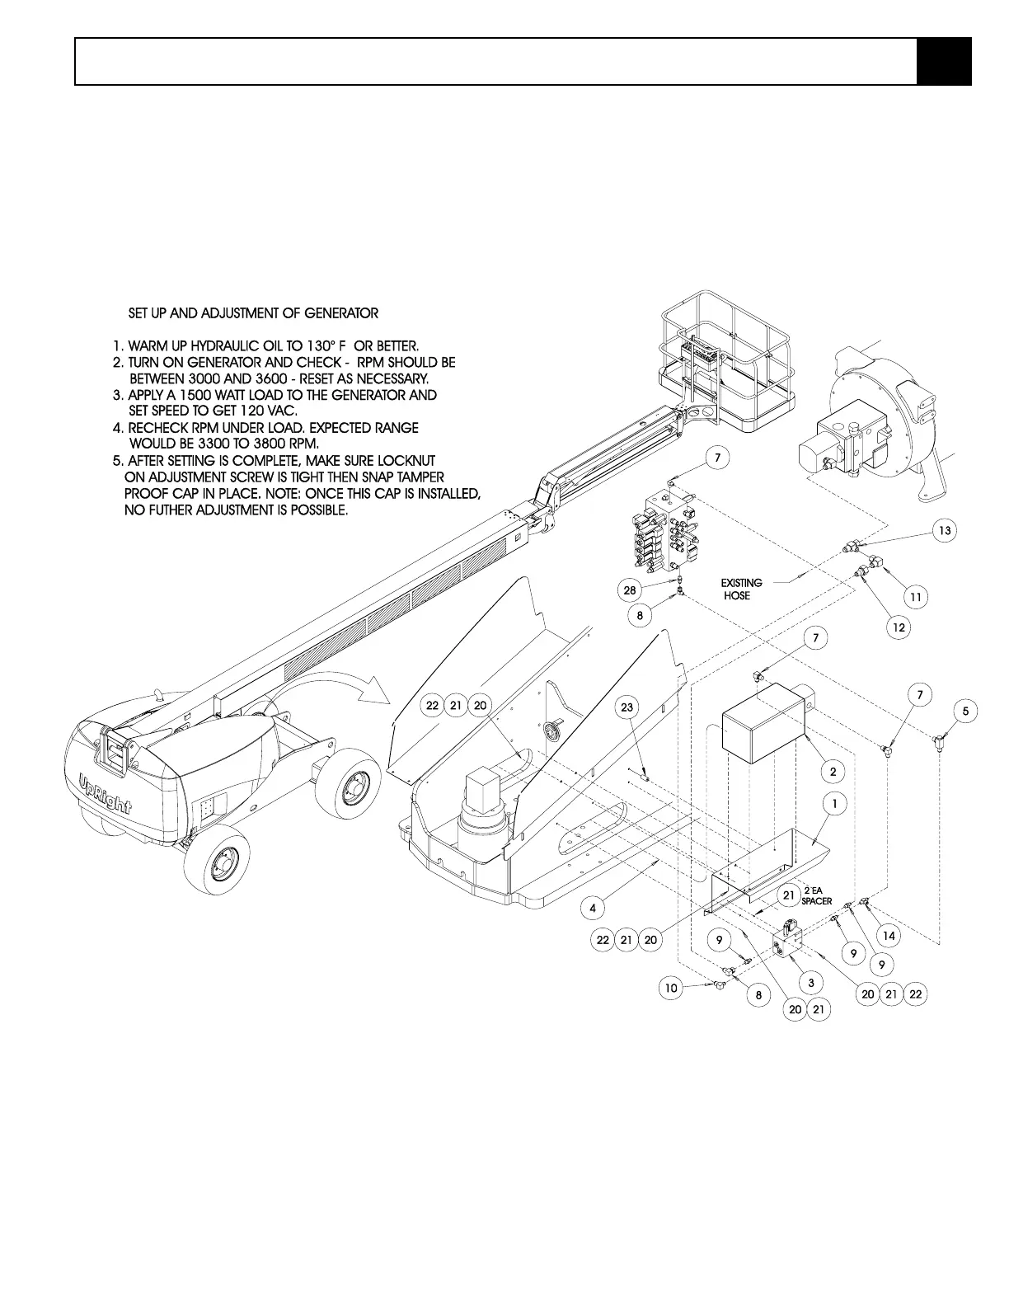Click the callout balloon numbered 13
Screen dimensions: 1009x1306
[946, 530]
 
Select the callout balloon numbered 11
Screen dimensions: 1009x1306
[915, 595]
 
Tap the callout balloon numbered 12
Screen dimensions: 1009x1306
[899, 627]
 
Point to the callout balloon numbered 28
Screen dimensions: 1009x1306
[630, 590]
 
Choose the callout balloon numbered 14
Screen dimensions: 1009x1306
[889, 936]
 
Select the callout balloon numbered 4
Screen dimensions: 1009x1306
[592, 908]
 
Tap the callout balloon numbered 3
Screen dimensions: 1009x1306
[811, 982]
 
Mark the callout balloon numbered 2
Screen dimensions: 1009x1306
[833, 771]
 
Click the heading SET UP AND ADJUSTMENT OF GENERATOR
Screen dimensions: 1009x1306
[253, 313]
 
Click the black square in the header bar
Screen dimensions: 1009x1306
[944, 61]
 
